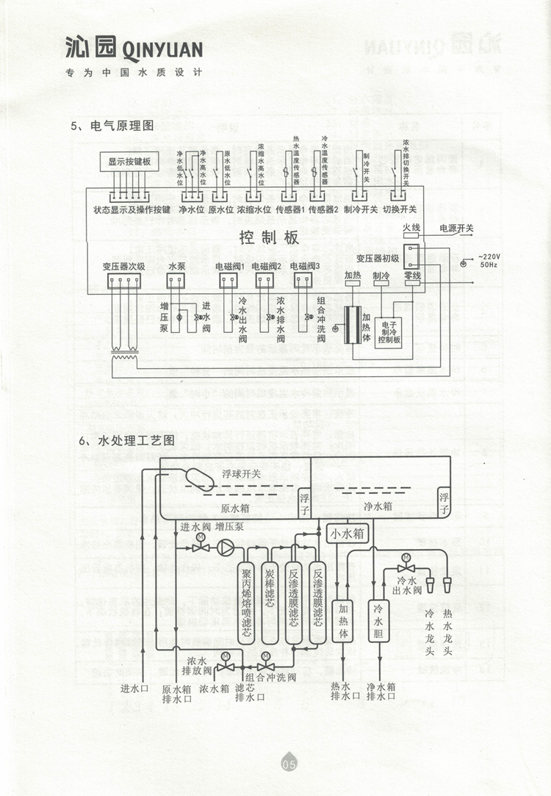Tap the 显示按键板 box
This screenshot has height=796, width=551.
(129, 162)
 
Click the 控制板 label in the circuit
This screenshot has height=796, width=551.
(270, 237)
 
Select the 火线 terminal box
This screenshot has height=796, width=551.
(411, 229)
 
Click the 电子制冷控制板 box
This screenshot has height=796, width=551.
(389, 331)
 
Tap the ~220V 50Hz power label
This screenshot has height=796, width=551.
(489, 259)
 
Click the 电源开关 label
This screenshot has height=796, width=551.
(457, 228)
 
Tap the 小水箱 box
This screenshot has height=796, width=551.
(347, 533)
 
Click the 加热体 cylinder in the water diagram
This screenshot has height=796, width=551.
(342, 620)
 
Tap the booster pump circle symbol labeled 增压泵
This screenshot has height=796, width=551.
(227, 548)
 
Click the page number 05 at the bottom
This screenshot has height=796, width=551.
(287, 764)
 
